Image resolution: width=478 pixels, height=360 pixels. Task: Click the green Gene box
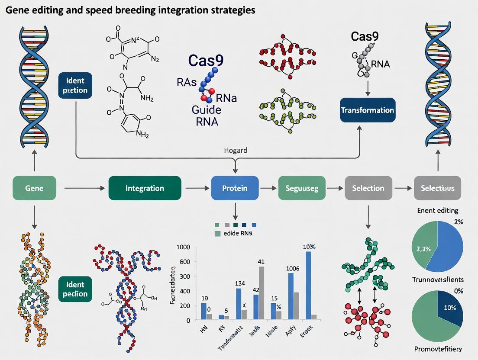34,188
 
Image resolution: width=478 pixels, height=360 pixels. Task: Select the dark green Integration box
145,188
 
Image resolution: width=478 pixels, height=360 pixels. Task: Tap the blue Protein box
235,188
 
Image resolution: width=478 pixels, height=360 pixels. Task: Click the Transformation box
368,110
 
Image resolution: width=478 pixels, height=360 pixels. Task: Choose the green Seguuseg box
301,188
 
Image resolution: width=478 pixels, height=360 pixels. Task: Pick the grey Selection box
368,188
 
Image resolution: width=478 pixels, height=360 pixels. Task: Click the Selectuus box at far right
440,188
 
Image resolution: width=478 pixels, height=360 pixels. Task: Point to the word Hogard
236,151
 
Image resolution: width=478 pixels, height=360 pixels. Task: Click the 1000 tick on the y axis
183,247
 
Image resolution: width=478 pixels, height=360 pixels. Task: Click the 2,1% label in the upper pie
423,248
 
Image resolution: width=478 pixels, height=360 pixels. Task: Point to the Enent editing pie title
437,211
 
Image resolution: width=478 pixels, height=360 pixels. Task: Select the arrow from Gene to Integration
84,188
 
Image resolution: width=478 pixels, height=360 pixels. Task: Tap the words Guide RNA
205,115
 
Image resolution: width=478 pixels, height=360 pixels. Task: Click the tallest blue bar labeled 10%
308,286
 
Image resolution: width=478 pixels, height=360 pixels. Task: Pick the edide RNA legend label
237,233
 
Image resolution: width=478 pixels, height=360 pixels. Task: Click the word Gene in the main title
17,10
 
